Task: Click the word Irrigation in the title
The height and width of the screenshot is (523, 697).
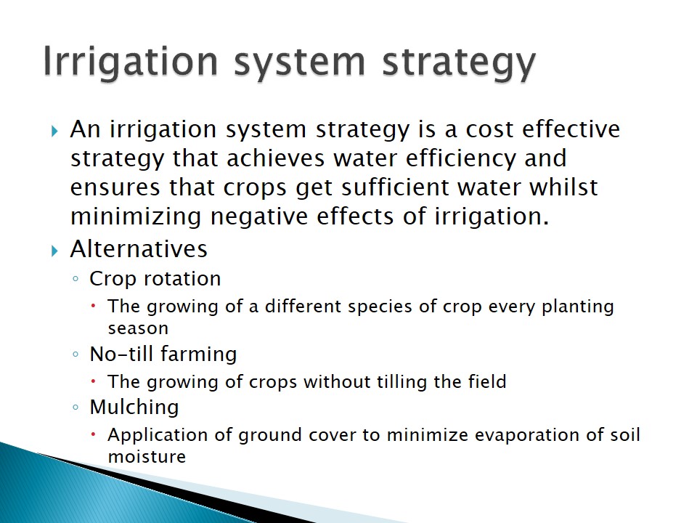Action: click(x=131, y=62)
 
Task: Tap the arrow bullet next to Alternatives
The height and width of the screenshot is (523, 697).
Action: click(x=54, y=251)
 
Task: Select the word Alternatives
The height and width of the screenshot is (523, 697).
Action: click(x=139, y=248)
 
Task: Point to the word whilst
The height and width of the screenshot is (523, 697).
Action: click(x=563, y=187)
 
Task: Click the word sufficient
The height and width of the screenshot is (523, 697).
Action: click(x=395, y=187)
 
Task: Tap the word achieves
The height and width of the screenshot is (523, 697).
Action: click(x=276, y=159)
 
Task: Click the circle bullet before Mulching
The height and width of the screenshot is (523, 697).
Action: click(x=76, y=407)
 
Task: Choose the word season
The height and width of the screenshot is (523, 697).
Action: click(x=138, y=328)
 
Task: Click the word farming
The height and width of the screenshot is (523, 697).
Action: click(x=199, y=354)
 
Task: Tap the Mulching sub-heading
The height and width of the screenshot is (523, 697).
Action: click(x=134, y=408)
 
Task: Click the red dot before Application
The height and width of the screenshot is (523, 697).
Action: click(x=94, y=434)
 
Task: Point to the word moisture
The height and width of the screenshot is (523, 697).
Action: click(x=147, y=457)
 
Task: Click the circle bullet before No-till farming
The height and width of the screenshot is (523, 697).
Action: click(x=76, y=354)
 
